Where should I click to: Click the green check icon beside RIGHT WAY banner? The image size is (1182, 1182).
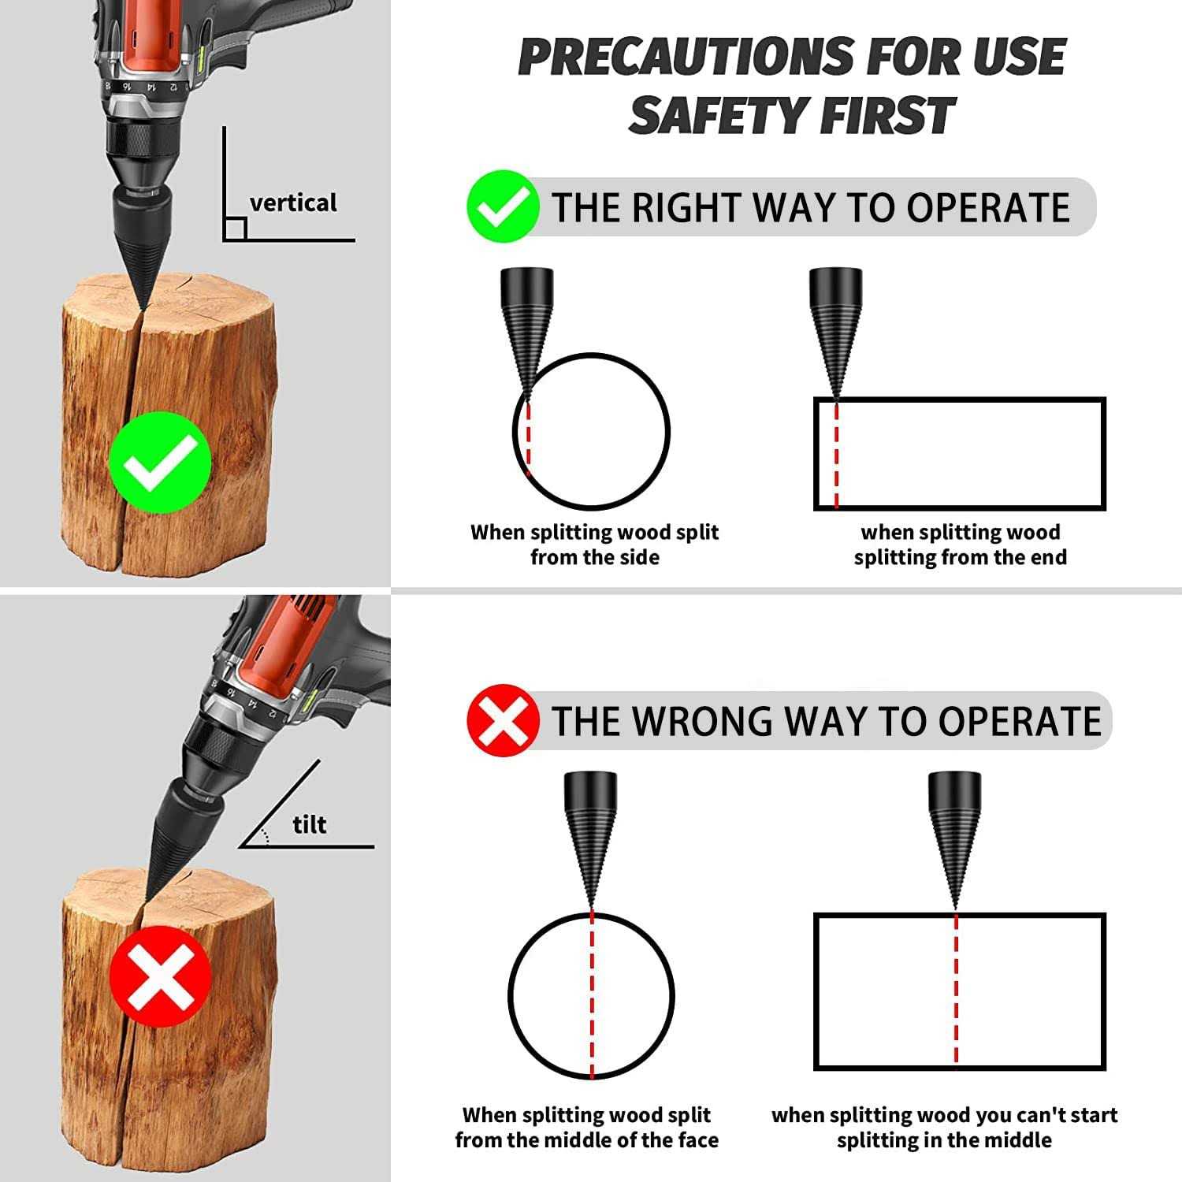[x=502, y=206]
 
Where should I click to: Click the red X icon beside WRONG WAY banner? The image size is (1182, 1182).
[x=502, y=720]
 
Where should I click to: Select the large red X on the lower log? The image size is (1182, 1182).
[x=160, y=976]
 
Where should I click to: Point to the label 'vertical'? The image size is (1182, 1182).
[x=292, y=203]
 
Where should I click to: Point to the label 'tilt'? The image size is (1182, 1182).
[x=309, y=825]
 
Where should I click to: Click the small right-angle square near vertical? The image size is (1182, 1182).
[x=235, y=229]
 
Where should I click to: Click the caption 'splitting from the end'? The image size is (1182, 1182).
[x=960, y=557]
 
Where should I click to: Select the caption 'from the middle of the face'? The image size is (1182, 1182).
[x=586, y=1139]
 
